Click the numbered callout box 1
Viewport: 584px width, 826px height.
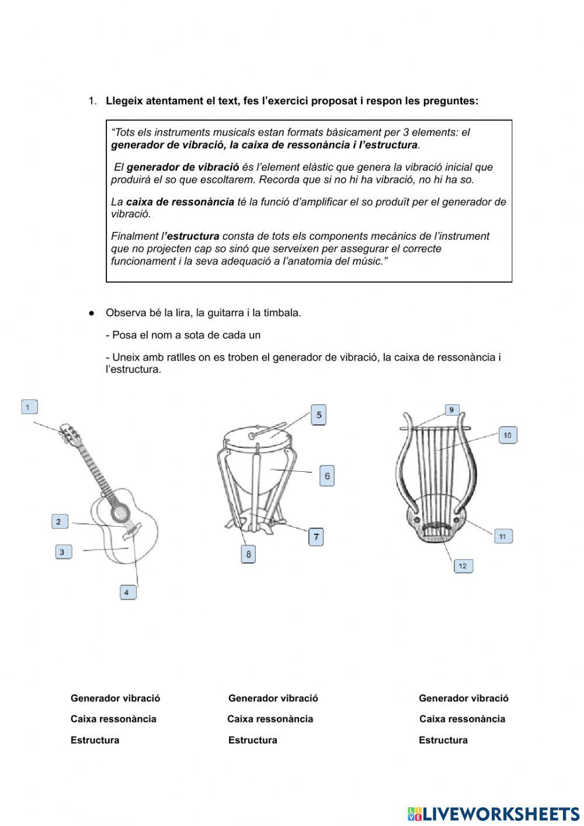coord(29,407)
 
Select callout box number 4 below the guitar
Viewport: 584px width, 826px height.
coord(127,592)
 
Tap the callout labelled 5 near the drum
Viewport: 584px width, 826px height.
coord(318,415)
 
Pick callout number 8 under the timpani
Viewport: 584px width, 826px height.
coord(248,554)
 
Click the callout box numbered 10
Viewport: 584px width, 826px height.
coord(507,435)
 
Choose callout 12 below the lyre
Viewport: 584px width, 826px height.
coord(463,566)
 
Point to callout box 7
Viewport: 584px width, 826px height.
coord(316,536)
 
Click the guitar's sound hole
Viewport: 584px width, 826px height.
coord(121,512)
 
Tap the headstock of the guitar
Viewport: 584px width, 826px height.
coord(68,433)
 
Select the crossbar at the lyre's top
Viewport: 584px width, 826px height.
coord(435,428)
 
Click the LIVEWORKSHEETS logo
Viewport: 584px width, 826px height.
coord(493,814)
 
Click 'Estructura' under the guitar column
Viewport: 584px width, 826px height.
coord(95,740)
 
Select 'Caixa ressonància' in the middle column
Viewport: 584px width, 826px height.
coord(270,719)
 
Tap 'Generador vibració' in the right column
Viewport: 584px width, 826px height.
coord(463,698)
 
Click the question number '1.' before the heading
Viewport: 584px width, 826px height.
coord(92,101)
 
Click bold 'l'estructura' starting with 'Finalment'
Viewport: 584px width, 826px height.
coord(192,236)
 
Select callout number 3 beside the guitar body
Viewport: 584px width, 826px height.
coord(63,551)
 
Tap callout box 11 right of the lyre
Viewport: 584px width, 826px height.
coord(503,536)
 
